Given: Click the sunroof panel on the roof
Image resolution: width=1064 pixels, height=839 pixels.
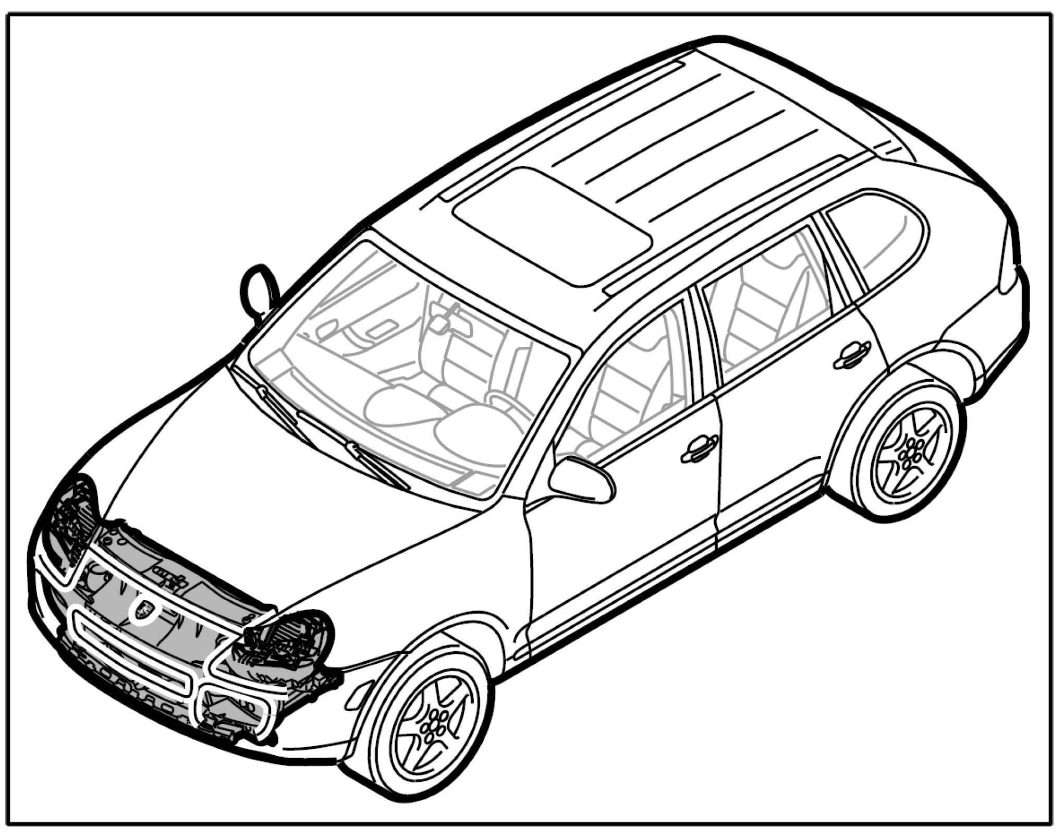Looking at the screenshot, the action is (x=552, y=225).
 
